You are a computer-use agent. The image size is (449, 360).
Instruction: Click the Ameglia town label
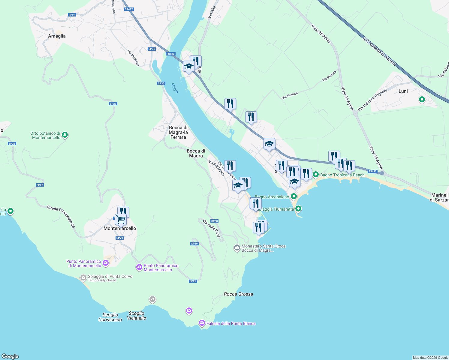click(x=57, y=36)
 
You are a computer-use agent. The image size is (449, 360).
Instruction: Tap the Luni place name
click(x=403, y=91)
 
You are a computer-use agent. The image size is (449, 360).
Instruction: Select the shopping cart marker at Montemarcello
click(x=121, y=220)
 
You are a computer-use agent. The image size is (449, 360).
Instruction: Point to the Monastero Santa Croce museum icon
click(x=237, y=248)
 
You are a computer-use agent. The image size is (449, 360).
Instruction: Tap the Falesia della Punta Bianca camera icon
click(x=202, y=323)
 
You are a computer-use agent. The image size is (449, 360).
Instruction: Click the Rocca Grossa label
click(x=238, y=294)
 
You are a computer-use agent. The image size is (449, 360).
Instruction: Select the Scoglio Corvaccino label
click(x=110, y=317)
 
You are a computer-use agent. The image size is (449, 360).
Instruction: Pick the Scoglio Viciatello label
click(x=137, y=316)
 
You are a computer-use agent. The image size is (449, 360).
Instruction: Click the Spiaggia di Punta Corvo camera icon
click(x=83, y=278)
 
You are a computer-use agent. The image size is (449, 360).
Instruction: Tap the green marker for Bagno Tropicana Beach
click(x=316, y=174)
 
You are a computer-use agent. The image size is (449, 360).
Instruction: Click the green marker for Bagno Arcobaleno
click(x=294, y=196)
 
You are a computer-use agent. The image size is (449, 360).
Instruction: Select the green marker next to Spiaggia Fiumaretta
click(x=298, y=208)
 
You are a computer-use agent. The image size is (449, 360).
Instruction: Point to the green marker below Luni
click(x=422, y=99)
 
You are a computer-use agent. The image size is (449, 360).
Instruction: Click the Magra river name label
click(x=175, y=88)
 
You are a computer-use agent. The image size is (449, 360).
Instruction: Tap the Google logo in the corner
click(x=10, y=356)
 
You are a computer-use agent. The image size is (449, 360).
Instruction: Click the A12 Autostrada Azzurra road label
click(x=379, y=51)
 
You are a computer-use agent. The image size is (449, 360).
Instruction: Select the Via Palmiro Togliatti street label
click(x=372, y=100)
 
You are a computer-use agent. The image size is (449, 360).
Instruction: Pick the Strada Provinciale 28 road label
click(x=61, y=217)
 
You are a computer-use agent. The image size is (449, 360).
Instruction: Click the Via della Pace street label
click(x=211, y=228)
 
